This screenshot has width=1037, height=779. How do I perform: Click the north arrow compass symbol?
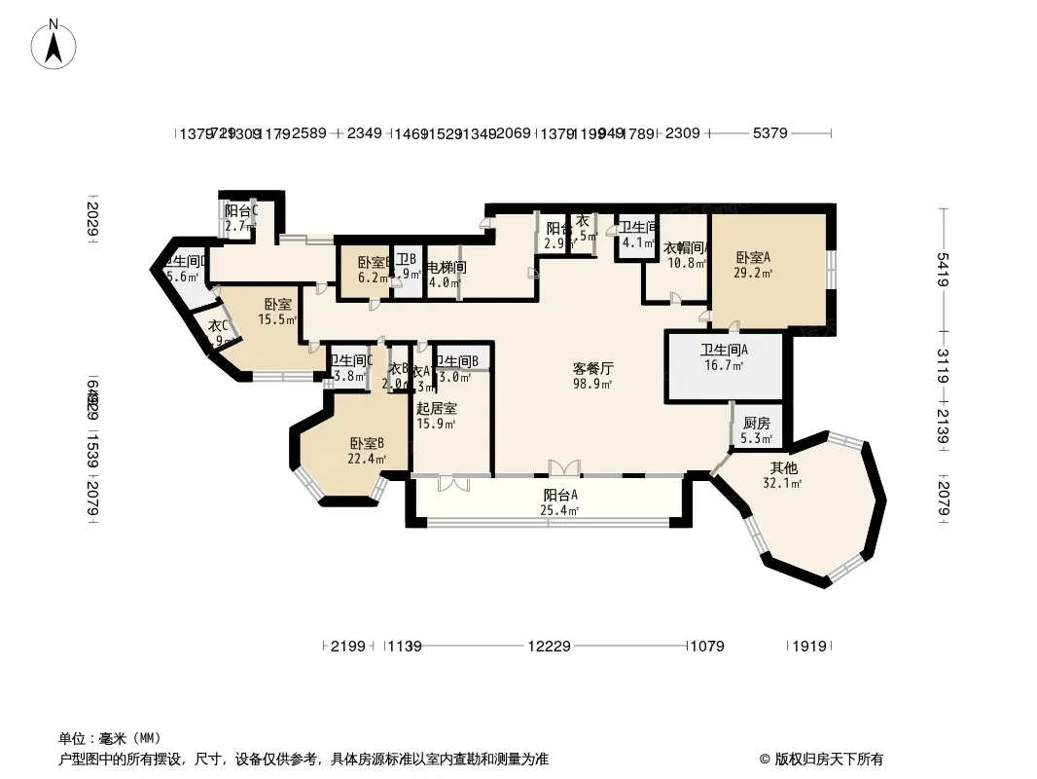pos(55,45)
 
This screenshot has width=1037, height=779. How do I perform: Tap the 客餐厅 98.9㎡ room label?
pos(592,376)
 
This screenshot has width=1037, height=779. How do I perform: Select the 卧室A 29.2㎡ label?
pos(753,265)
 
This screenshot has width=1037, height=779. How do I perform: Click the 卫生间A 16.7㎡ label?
pos(724,357)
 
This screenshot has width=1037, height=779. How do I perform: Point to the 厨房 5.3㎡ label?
pos(756,430)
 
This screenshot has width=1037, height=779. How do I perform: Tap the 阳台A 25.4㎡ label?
pos(560,501)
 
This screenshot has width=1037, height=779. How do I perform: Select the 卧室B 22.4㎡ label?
pos(368,451)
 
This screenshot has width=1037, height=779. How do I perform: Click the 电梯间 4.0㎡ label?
pos(446,274)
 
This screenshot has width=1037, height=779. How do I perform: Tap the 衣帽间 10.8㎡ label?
pos(686,255)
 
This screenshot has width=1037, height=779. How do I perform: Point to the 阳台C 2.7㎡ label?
pos(240,218)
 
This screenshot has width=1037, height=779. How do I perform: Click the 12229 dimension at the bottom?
pos(550,646)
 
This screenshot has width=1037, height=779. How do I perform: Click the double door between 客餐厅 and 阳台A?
pos(563,467)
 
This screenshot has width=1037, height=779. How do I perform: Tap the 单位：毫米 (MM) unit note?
pos(110,737)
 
